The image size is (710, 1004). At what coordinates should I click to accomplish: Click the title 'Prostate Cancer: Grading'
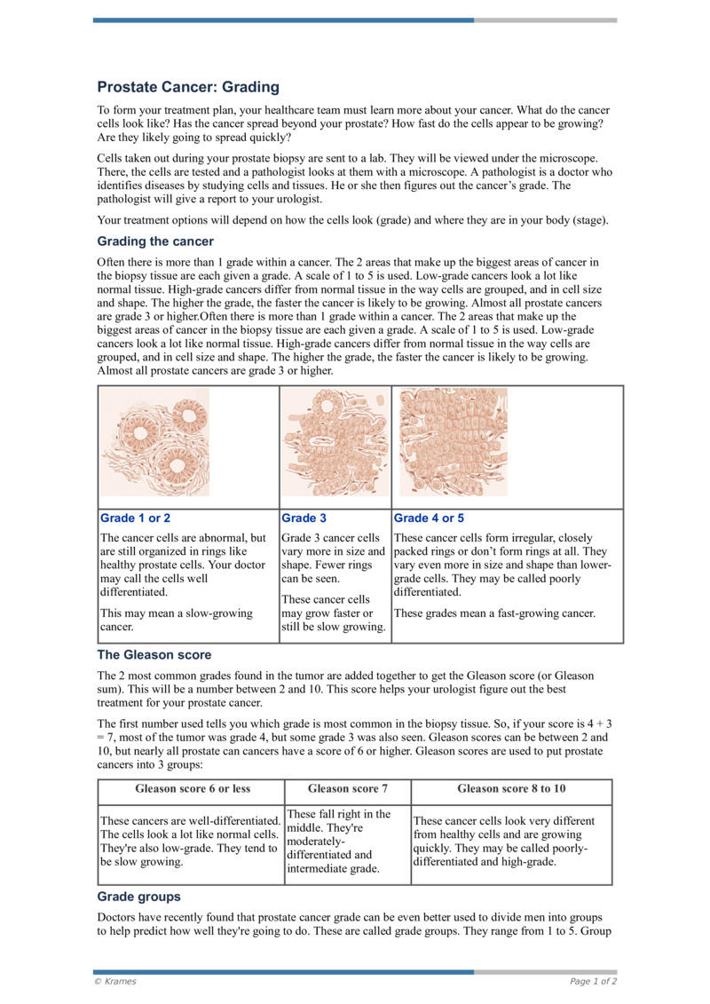point(188,87)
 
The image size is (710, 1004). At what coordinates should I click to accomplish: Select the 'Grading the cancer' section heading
point(155,241)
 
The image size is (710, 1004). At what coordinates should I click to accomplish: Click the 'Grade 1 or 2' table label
point(136,518)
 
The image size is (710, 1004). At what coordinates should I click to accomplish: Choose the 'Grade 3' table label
point(304,518)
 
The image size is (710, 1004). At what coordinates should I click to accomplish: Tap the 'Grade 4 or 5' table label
point(429,518)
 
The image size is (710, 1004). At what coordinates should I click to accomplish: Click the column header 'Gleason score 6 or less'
point(193,788)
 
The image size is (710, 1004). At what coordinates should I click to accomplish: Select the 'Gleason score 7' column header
point(347,788)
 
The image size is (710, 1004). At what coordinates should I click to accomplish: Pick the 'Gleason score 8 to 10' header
point(511,788)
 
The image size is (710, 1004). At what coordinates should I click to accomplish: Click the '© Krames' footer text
point(115,981)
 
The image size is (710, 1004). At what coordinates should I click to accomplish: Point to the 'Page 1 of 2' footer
point(593,981)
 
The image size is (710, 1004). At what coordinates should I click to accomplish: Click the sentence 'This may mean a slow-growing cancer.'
point(177,621)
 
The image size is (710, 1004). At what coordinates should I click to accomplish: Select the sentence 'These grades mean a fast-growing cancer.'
point(494,613)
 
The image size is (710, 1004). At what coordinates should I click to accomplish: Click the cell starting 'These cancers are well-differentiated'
point(190,841)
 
